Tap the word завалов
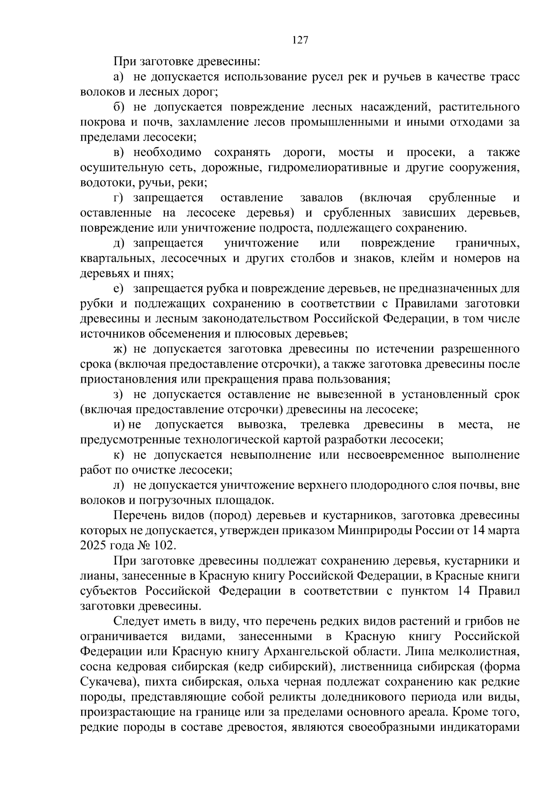tap(321, 198)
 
